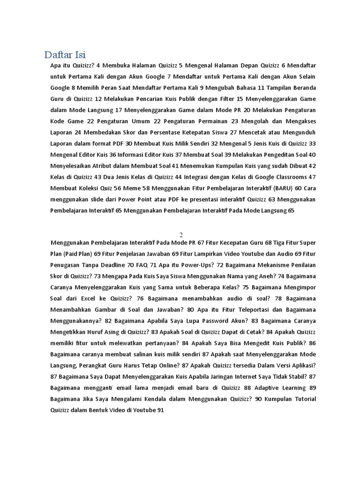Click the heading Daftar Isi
point(65,54)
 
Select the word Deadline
point(112,265)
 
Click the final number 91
point(160,410)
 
